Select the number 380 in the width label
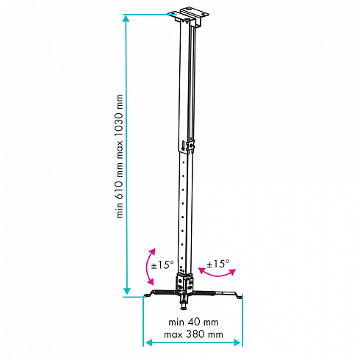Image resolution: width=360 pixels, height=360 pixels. [194, 334]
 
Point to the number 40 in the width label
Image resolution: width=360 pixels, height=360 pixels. [193, 322]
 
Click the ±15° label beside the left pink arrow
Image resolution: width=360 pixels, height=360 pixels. [162, 264]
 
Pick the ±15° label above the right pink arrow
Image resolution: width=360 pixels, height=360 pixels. [218, 264]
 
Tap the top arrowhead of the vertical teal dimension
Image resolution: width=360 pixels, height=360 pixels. [126, 18]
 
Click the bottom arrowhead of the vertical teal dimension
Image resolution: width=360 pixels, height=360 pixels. [126, 291]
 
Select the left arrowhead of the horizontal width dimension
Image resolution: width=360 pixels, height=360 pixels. [149, 342]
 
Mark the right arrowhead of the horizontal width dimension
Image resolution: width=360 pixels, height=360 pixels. [237, 342]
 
